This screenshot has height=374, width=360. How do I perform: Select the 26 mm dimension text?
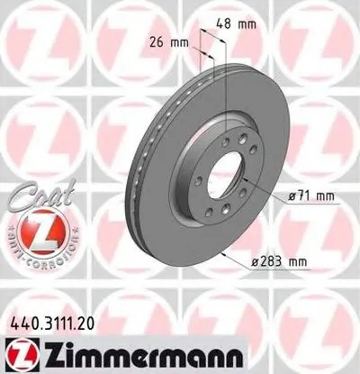169,41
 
